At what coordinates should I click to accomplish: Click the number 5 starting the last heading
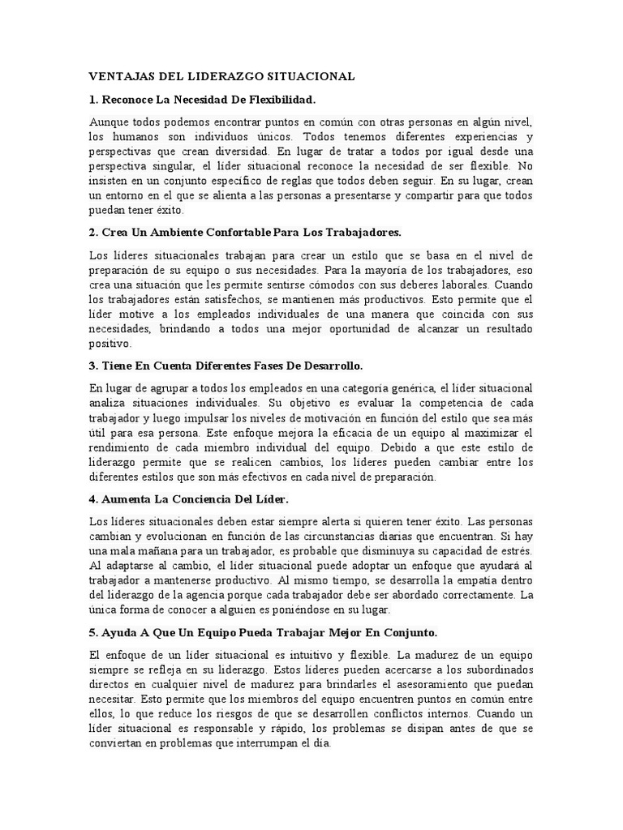point(92,632)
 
